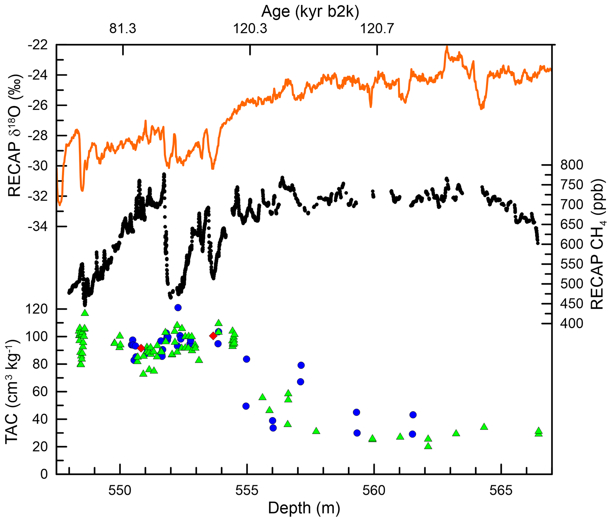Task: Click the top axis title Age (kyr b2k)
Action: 310,12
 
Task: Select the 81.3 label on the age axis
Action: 123,29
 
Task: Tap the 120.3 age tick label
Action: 250,29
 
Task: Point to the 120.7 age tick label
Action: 377,29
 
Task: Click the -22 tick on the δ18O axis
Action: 38,45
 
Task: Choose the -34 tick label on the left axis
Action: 38,227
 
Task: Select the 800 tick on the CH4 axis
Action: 571,165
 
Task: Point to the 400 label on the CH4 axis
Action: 571,323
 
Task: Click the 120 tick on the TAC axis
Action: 36,309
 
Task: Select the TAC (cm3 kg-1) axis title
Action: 12,392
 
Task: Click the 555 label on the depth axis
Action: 247,491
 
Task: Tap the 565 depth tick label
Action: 501,491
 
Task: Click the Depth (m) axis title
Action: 304,508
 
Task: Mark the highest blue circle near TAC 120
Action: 178,308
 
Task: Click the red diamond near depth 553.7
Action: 213,336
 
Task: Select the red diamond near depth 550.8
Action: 141,348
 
